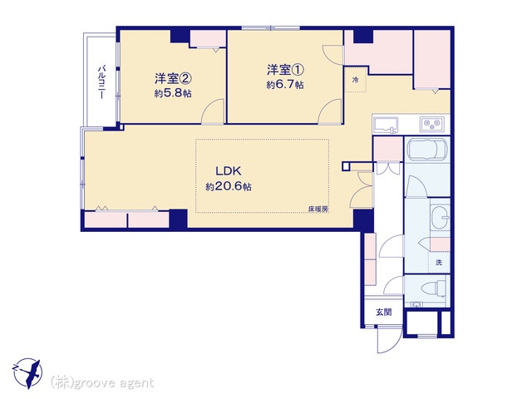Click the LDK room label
pos(229,170)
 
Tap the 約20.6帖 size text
pos(229,186)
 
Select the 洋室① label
pos(285,70)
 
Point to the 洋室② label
pos(173,79)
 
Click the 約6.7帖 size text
pos(285,85)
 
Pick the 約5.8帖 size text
pos(173,93)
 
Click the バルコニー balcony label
pos(101,82)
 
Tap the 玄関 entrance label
pos(384,312)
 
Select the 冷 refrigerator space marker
pos(355,80)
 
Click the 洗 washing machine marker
pos(439,263)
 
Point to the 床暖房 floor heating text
pos(318,209)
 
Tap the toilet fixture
pos(434,288)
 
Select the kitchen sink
pos(386,126)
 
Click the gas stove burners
pos(432,124)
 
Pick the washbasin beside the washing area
pos(441,217)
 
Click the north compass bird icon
pos(27,373)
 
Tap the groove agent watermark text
pos(102,382)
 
